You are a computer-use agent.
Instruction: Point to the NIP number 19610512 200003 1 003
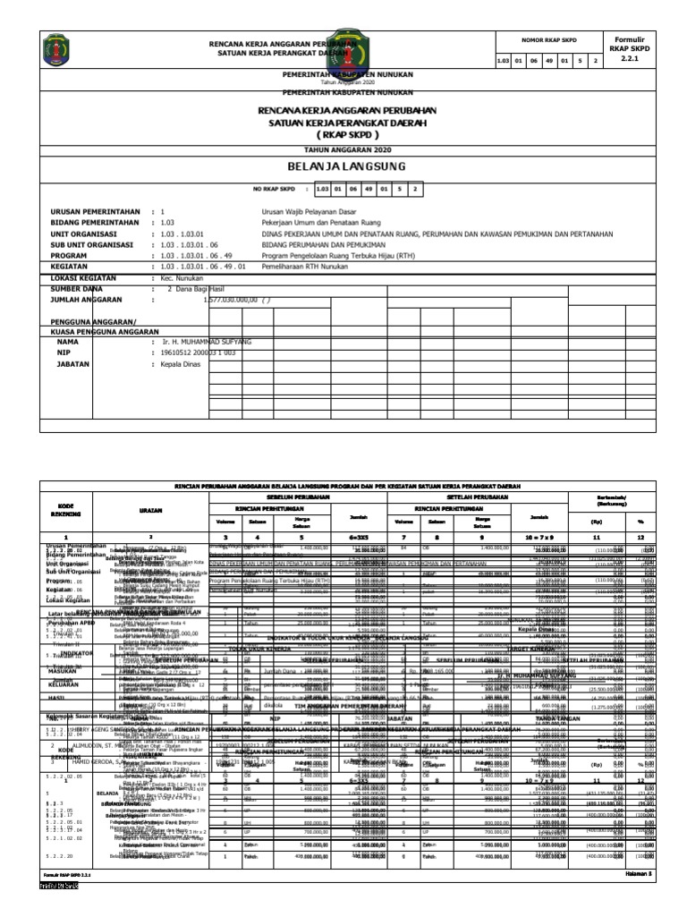[206, 353]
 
